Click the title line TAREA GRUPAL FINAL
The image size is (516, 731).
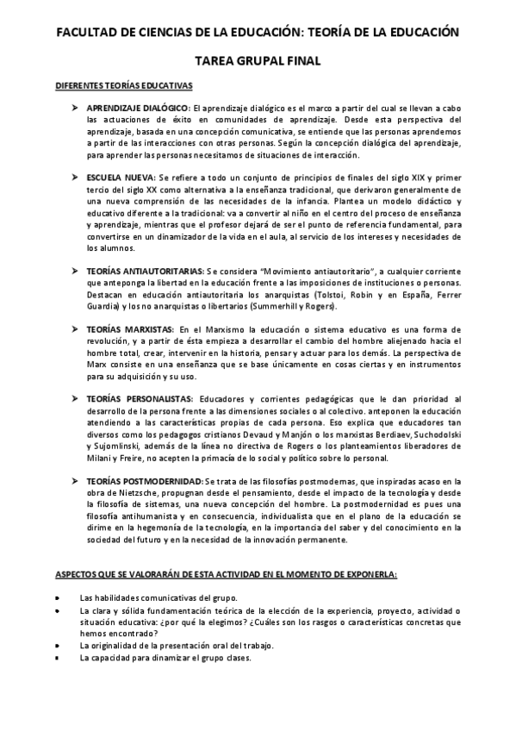point(258,61)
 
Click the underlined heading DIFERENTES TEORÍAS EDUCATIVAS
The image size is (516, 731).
point(124,86)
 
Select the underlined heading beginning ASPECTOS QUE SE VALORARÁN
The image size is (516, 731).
point(214,573)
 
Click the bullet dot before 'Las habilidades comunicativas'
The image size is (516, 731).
point(57,597)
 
